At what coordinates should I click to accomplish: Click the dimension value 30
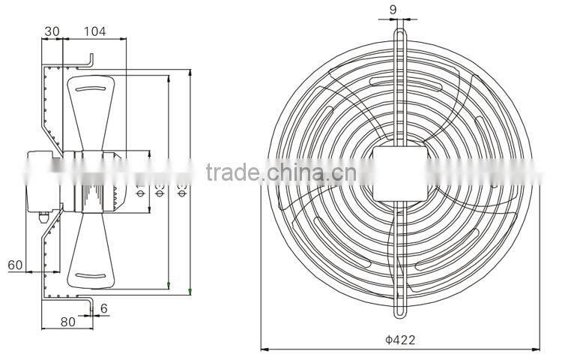click(52, 31)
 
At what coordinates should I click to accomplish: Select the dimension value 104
click(94, 31)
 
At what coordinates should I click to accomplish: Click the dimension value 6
click(103, 308)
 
